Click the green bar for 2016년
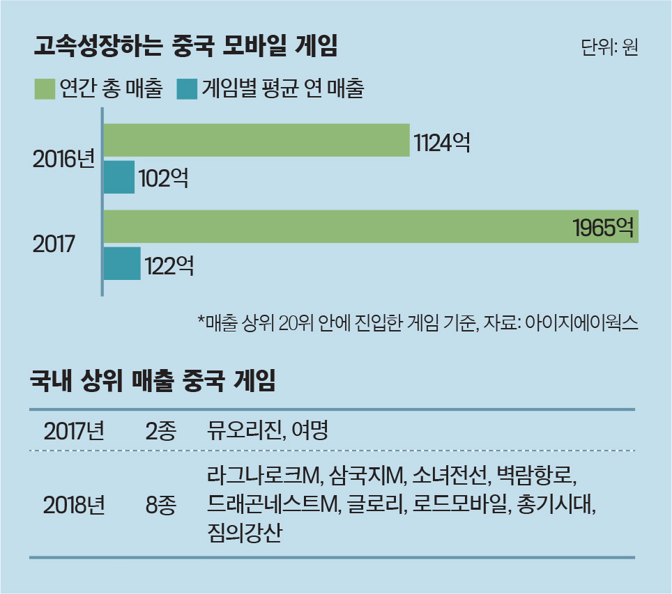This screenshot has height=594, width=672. click(256, 141)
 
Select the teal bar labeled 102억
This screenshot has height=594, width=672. click(119, 178)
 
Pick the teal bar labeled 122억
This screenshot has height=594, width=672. click(122, 264)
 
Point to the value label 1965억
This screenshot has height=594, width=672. click(603, 228)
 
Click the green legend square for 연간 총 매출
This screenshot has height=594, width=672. click(45, 89)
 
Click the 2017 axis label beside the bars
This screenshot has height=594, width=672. click(54, 245)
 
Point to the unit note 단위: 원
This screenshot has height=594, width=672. click(609, 49)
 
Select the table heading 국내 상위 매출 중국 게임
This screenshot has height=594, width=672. click(153, 381)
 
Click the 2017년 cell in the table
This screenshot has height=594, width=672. click(74, 431)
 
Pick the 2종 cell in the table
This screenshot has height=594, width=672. click(161, 431)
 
